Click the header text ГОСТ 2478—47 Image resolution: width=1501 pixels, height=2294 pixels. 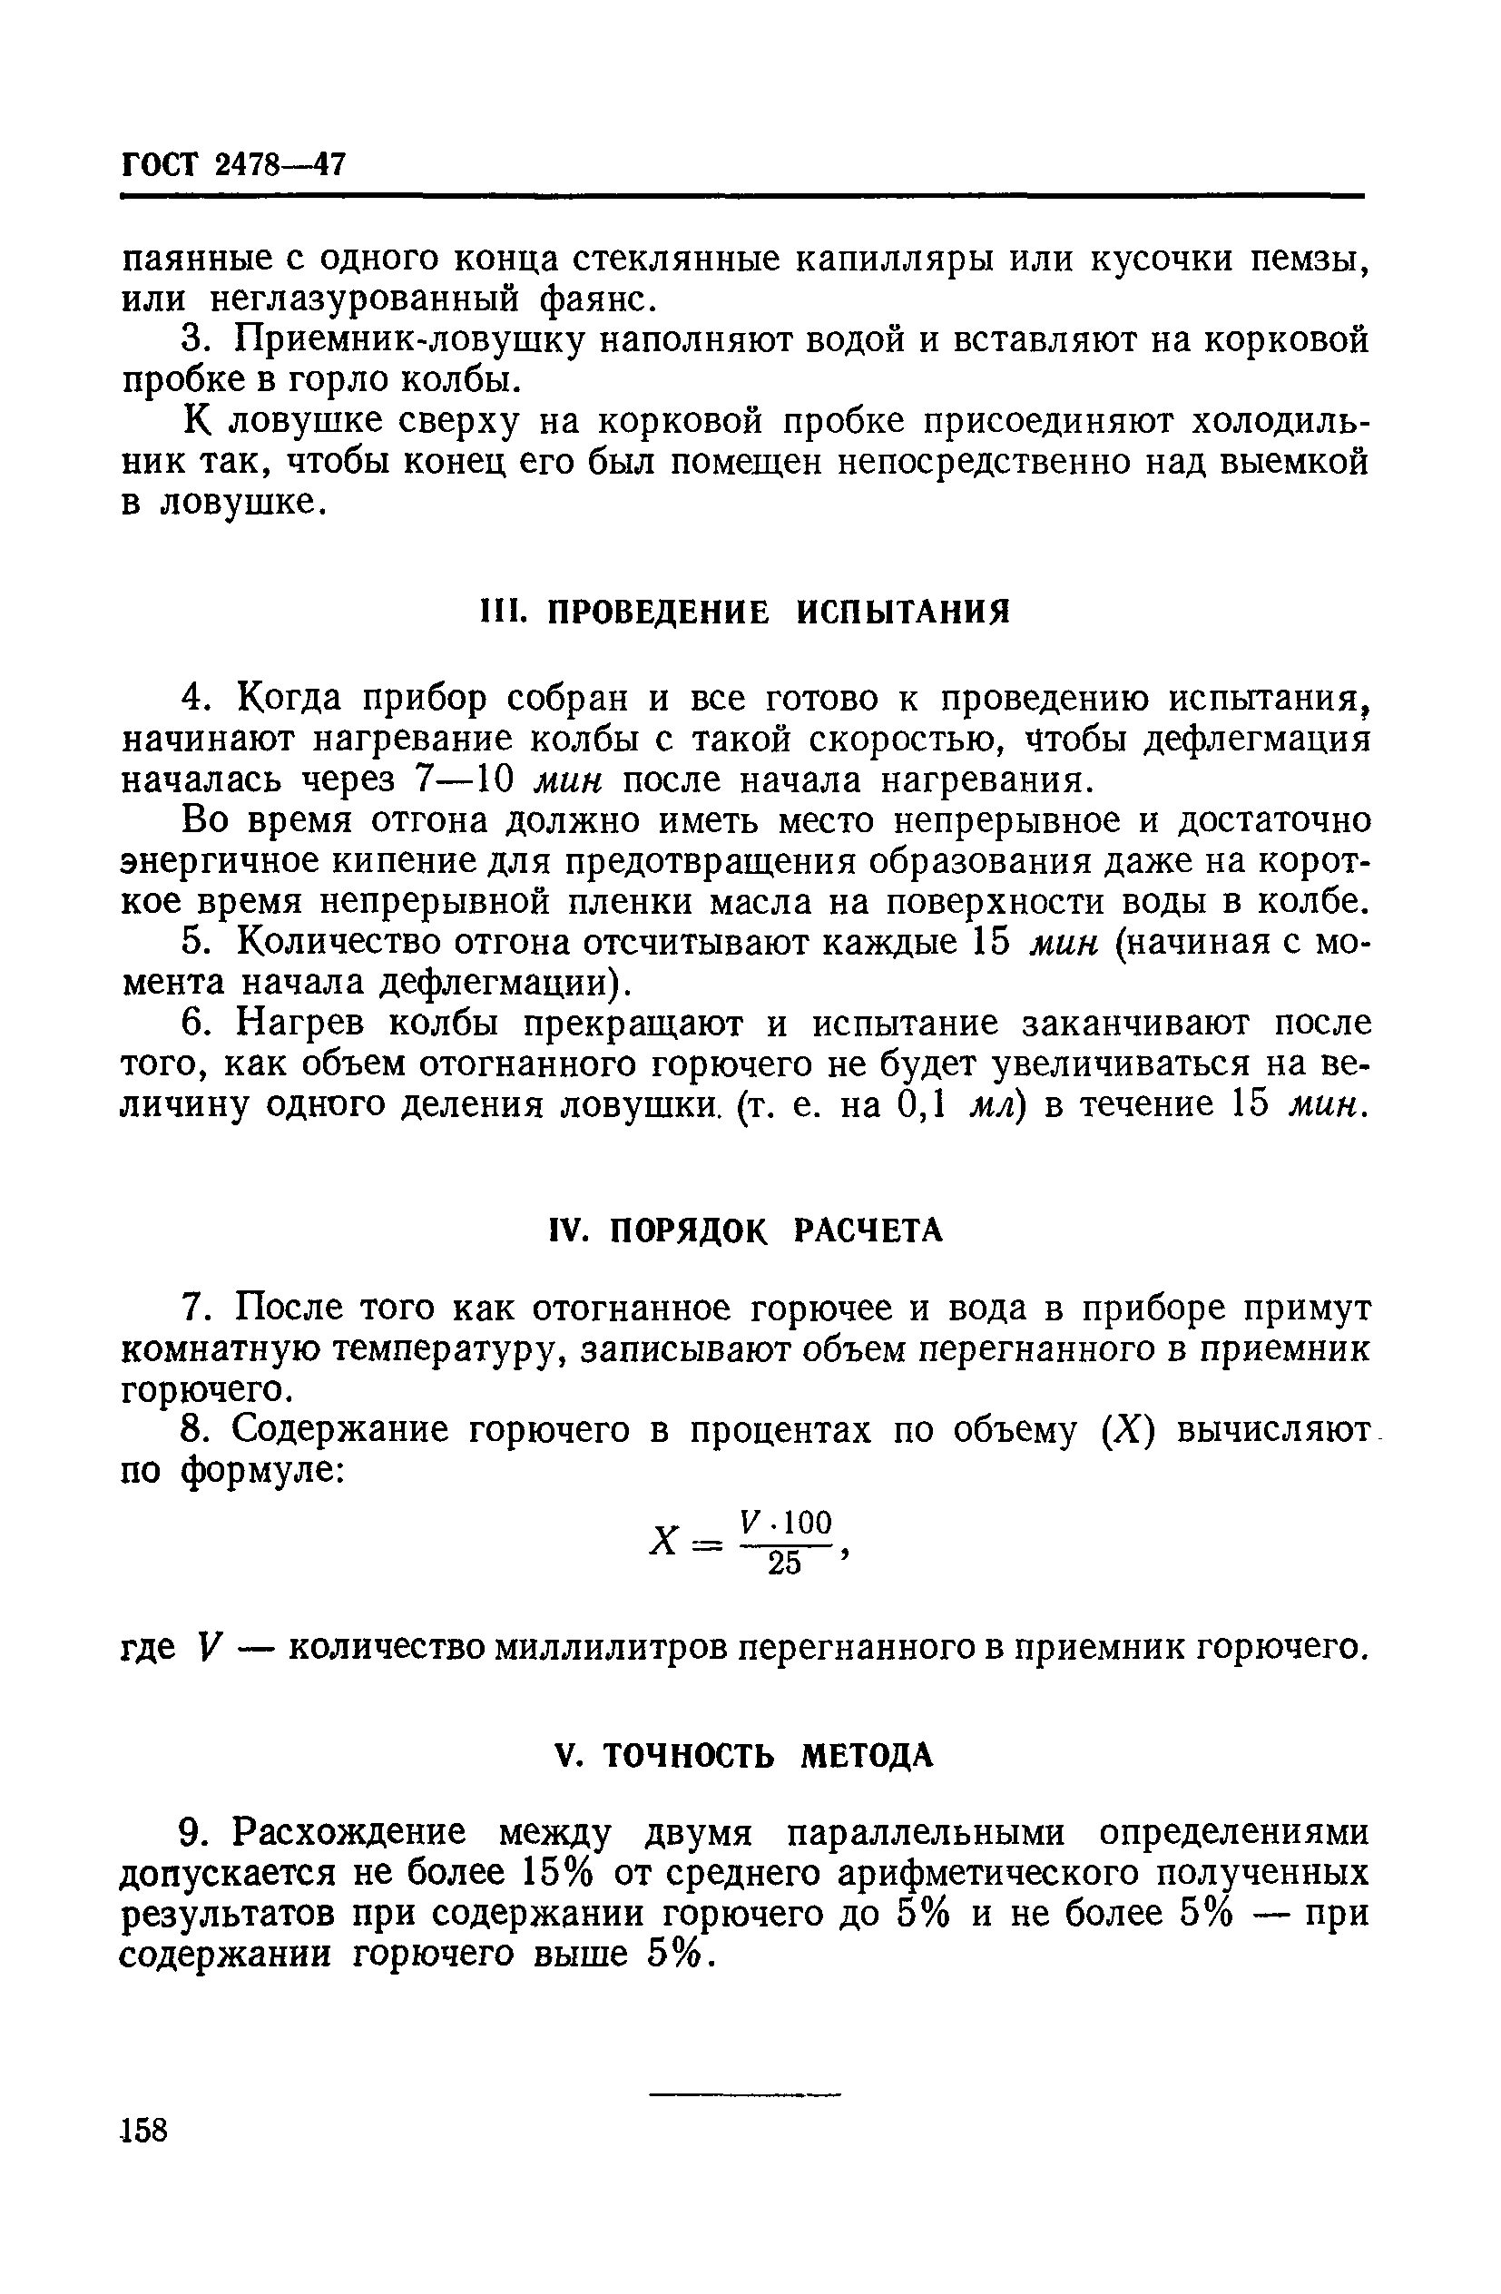click(x=232, y=165)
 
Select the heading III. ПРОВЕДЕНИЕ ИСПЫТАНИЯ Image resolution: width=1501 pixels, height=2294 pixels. click(x=744, y=611)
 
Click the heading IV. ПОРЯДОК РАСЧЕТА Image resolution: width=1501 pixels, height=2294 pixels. click(x=744, y=1229)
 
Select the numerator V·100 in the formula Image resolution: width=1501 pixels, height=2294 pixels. click(x=785, y=1522)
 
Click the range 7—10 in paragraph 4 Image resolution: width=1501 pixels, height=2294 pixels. click(x=466, y=779)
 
